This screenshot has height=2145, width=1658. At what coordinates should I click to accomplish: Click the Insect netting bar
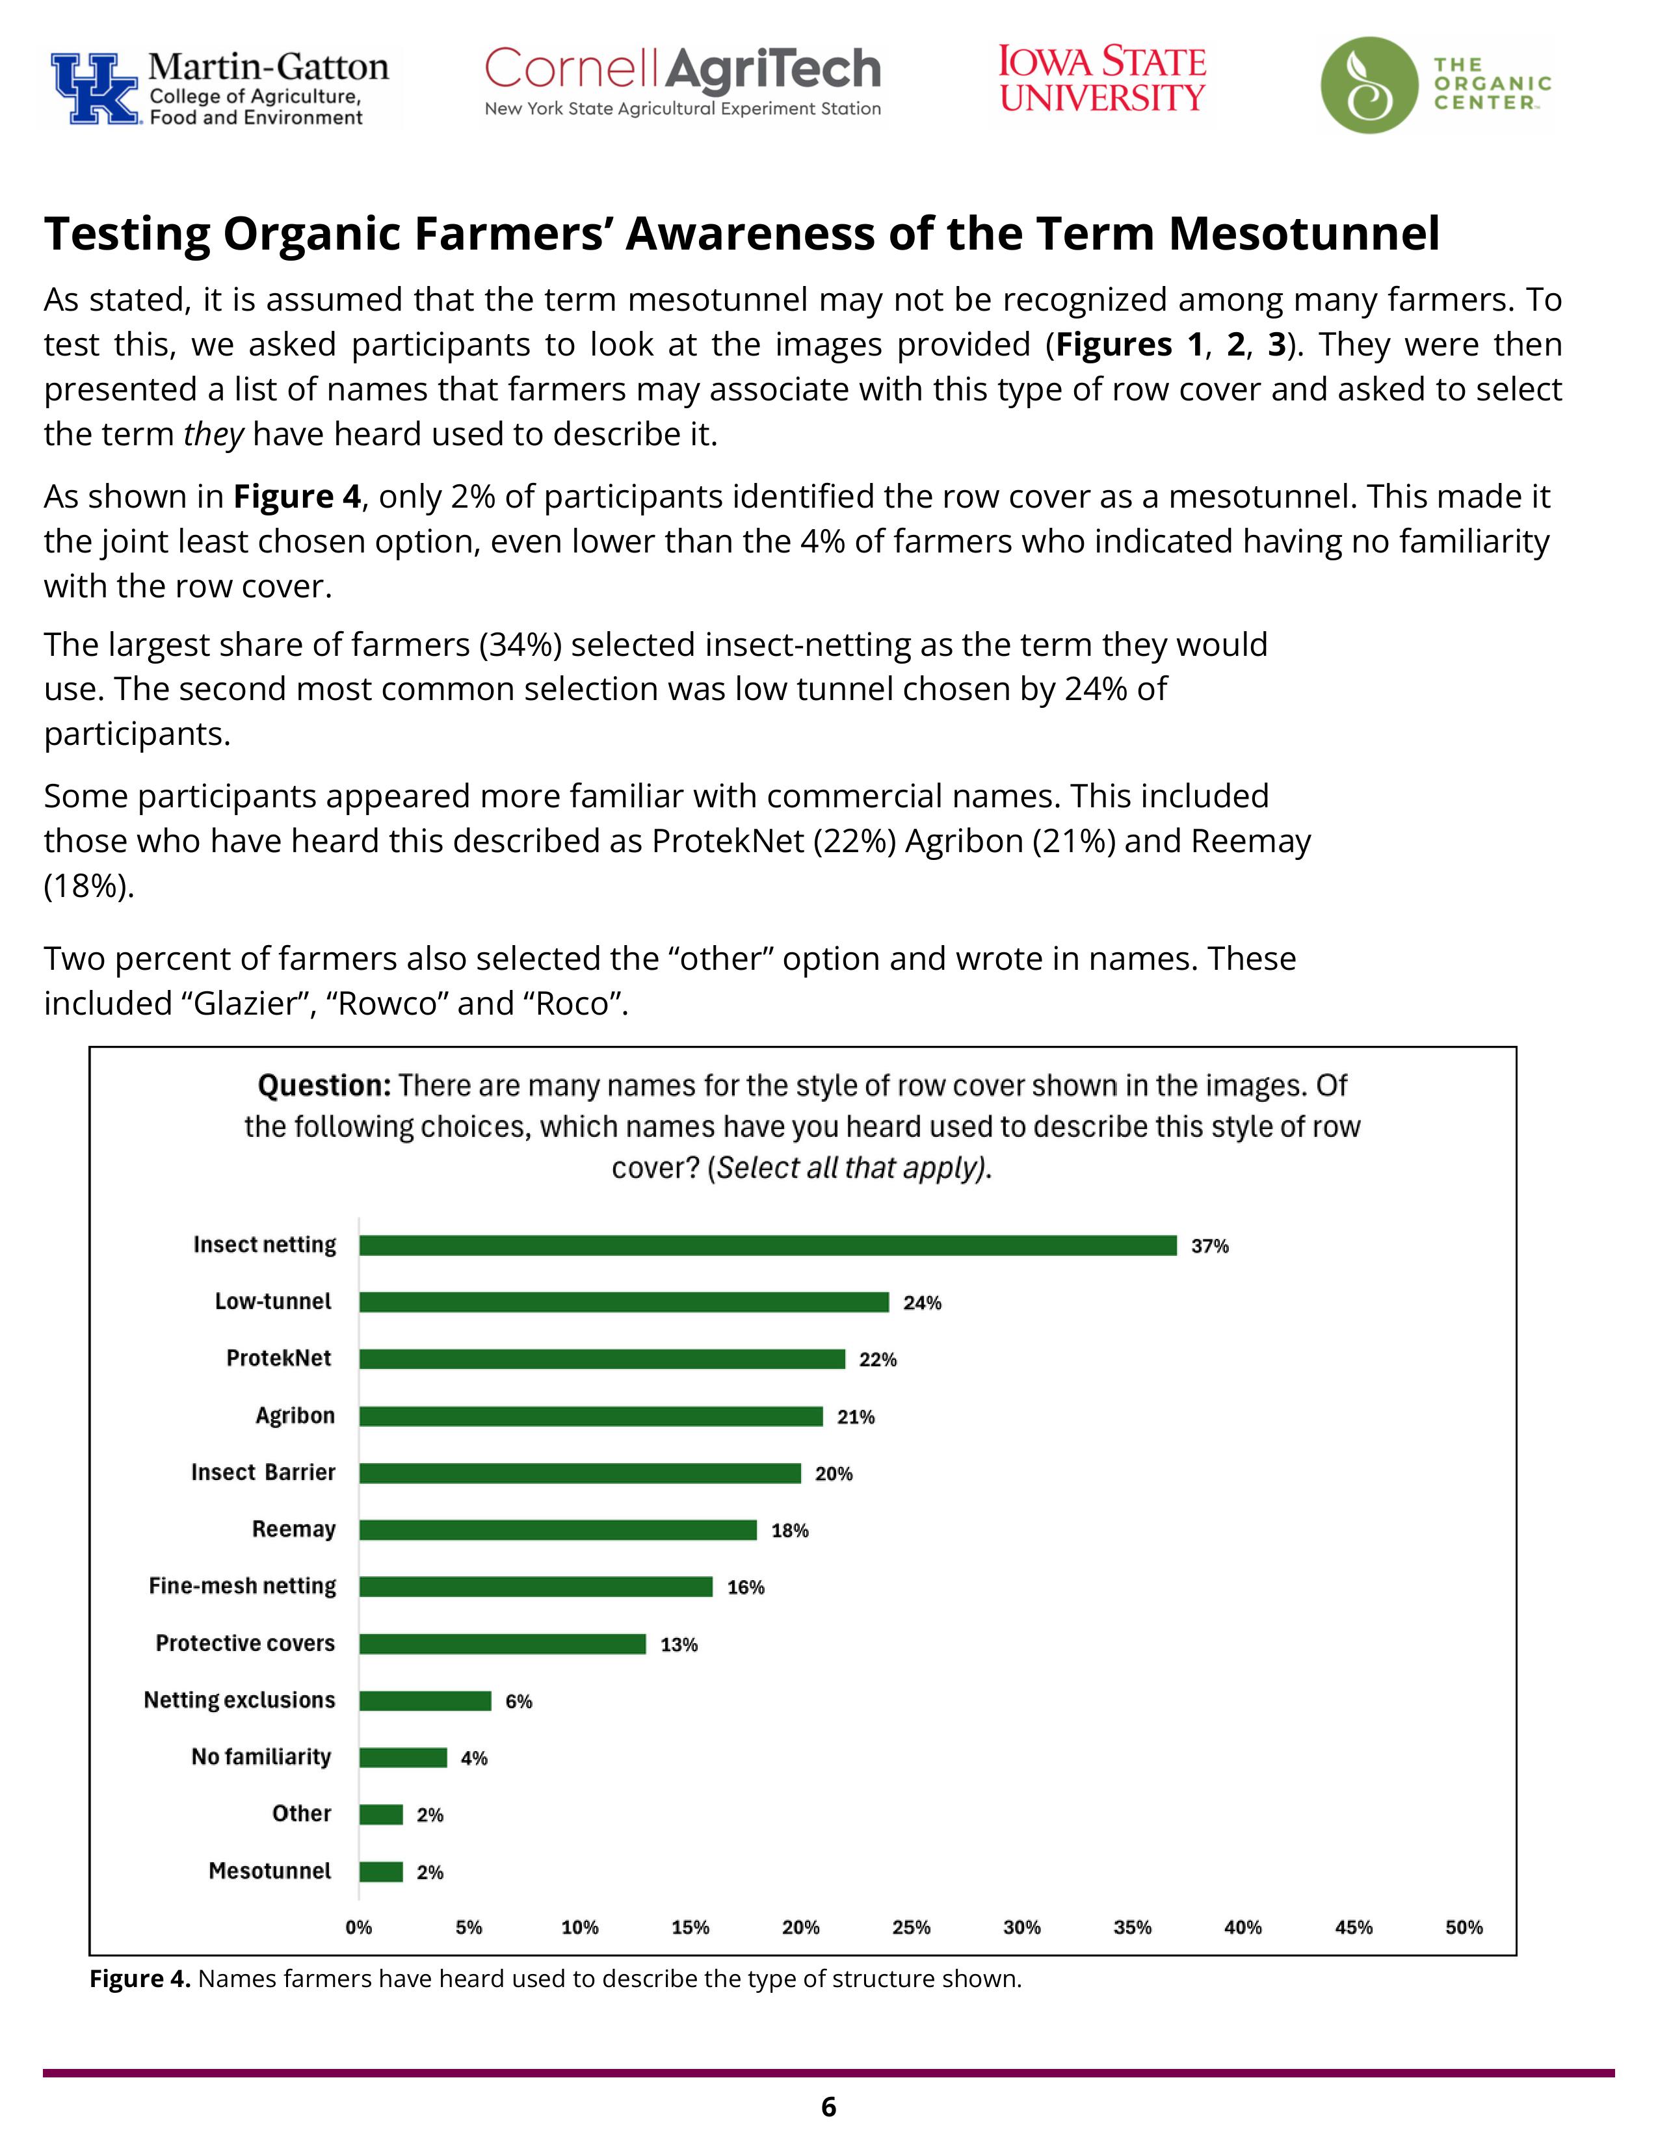[x=767, y=1245]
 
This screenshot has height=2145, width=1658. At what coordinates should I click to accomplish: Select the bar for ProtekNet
[x=601, y=1359]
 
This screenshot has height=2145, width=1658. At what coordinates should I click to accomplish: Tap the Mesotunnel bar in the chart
[x=381, y=1872]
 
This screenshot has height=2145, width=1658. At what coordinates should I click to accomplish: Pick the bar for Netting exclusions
[x=425, y=1701]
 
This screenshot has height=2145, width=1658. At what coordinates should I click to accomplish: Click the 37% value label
[x=1209, y=1246]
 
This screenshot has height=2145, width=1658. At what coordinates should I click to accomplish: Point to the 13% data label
[x=679, y=1645]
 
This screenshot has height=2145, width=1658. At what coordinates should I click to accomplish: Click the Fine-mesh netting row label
[x=242, y=1586]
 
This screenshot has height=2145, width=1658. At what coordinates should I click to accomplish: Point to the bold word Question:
[x=324, y=1085]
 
